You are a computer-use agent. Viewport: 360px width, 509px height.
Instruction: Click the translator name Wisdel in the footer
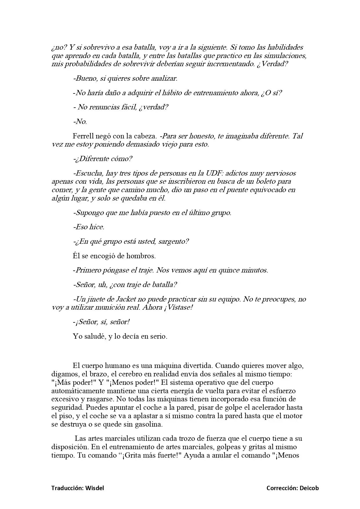[x=95, y=488]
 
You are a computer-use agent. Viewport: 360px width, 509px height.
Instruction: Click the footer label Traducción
[x=67, y=488]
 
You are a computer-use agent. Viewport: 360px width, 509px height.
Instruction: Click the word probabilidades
[x=84, y=64]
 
